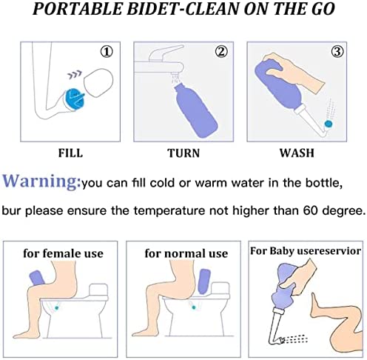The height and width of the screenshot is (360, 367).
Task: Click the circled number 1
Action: (107, 52)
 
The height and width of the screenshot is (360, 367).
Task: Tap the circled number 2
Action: (221, 52)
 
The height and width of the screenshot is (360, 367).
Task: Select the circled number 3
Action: (337, 52)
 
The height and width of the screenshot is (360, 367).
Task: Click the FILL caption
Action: (70, 153)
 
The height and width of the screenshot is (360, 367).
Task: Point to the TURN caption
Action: (183, 153)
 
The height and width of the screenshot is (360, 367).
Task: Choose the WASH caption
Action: (297, 153)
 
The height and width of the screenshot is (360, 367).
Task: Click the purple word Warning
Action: (41, 181)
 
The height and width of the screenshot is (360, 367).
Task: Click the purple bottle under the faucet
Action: (196, 110)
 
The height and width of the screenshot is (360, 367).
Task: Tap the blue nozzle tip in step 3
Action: (329, 124)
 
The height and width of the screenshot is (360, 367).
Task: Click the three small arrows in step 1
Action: (75, 74)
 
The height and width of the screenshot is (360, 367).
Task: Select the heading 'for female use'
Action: (63, 253)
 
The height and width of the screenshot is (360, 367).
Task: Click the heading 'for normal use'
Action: (186, 253)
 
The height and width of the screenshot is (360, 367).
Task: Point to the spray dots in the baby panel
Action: (295, 339)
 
